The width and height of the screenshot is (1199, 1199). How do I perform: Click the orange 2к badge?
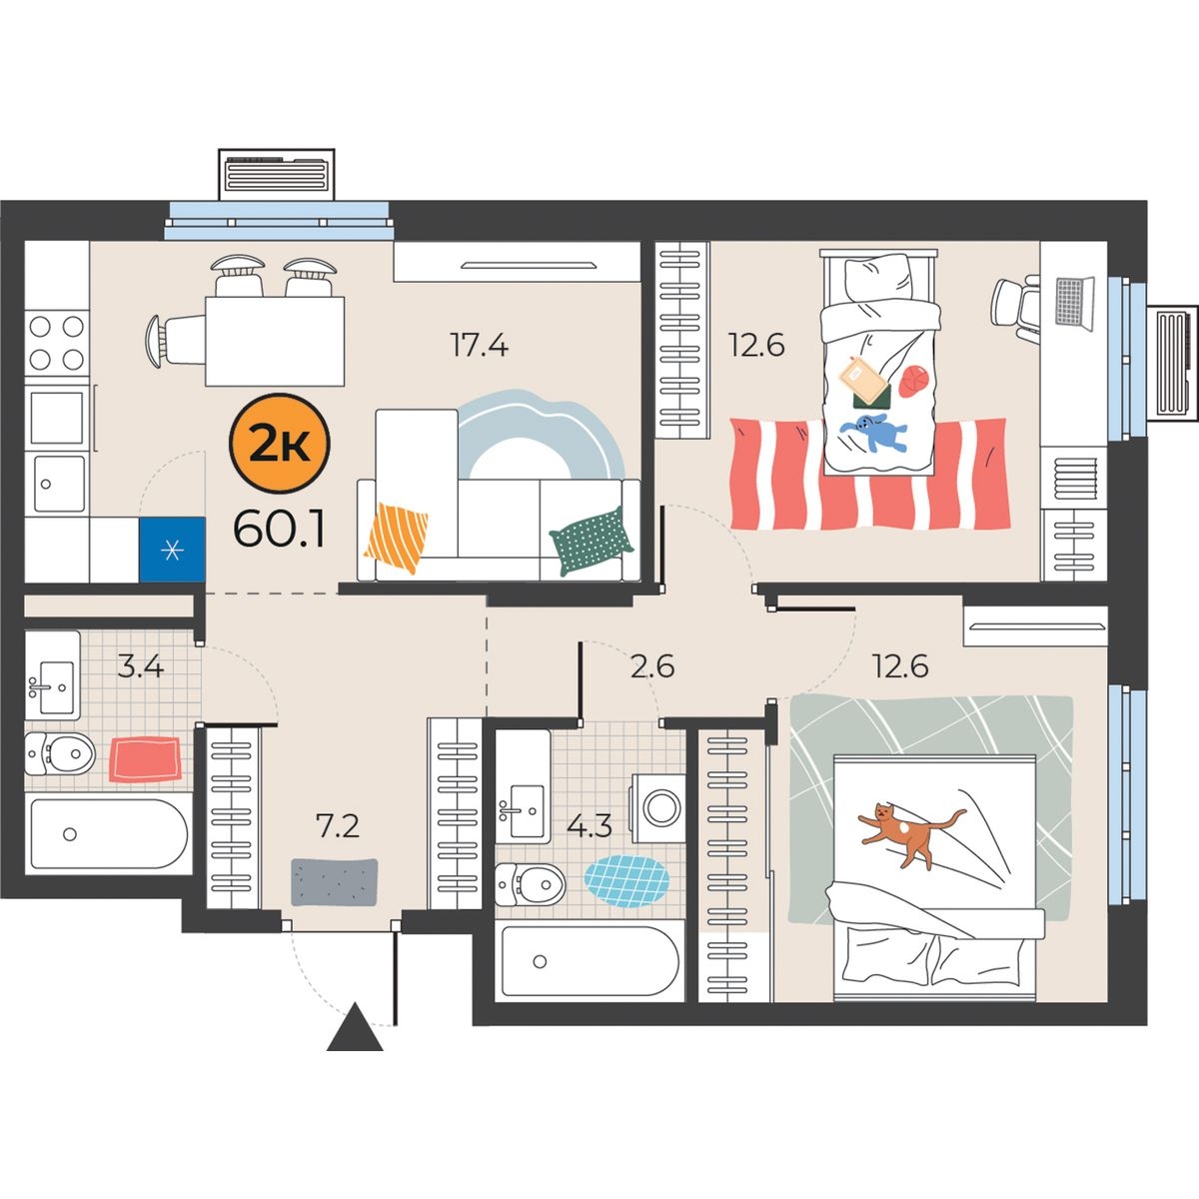click(x=280, y=444)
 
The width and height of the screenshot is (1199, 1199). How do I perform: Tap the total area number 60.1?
click(x=280, y=529)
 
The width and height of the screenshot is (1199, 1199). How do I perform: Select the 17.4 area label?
click(x=480, y=345)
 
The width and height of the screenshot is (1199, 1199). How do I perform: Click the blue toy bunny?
click(x=873, y=432)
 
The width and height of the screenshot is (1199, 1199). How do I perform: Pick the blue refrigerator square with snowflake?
click(x=172, y=550)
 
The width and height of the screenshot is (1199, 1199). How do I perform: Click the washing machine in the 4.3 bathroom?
click(x=658, y=808)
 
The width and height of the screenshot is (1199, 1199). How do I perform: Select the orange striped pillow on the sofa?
click(x=397, y=537)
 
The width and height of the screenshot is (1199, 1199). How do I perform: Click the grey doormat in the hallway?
click(x=335, y=881)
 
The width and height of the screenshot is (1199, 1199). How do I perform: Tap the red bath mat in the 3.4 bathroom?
click(x=146, y=758)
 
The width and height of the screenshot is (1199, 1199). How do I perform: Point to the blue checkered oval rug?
click(x=626, y=881)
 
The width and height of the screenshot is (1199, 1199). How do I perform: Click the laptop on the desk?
click(x=1074, y=303)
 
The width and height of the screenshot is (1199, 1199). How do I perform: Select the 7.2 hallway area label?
click(x=338, y=826)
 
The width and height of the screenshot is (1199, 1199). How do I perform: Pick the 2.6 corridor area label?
click(x=652, y=667)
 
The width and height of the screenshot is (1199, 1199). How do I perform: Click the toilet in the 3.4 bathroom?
click(x=60, y=753)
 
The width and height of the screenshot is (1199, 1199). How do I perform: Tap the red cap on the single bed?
click(x=911, y=382)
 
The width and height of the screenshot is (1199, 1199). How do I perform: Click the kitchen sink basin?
click(x=60, y=484)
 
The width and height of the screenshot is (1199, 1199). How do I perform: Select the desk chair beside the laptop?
click(x=1015, y=309)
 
